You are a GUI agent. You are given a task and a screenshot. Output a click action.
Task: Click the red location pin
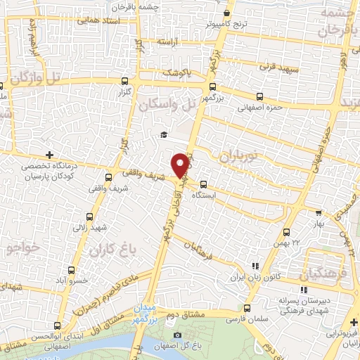[181, 165]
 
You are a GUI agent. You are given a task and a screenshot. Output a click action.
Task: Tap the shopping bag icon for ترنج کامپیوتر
[226, 13]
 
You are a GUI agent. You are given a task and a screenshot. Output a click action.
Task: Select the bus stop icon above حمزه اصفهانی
[259, 96]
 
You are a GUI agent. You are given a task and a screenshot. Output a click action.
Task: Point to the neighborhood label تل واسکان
[165, 105]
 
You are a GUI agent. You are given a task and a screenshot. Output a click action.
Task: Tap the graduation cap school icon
[164, 134]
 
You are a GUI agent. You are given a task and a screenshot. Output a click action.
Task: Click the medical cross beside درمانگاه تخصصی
[49, 155]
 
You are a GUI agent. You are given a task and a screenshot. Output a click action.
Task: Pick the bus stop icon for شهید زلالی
[89, 217]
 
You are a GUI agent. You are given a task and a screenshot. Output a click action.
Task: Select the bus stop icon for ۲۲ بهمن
[286, 231]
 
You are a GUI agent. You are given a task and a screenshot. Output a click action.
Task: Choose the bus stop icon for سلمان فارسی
[247, 308]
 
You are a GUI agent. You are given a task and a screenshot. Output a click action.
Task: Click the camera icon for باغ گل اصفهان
[177, 334]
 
